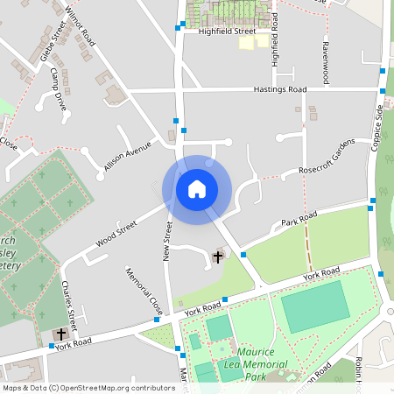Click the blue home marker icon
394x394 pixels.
tap(196, 188)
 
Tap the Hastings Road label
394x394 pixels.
tap(279, 89)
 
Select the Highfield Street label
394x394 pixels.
tap(227, 31)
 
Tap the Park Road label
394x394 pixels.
tap(299, 220)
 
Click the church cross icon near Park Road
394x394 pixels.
tap(218, 257)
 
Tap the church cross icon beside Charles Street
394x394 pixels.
tap(60, 334)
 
